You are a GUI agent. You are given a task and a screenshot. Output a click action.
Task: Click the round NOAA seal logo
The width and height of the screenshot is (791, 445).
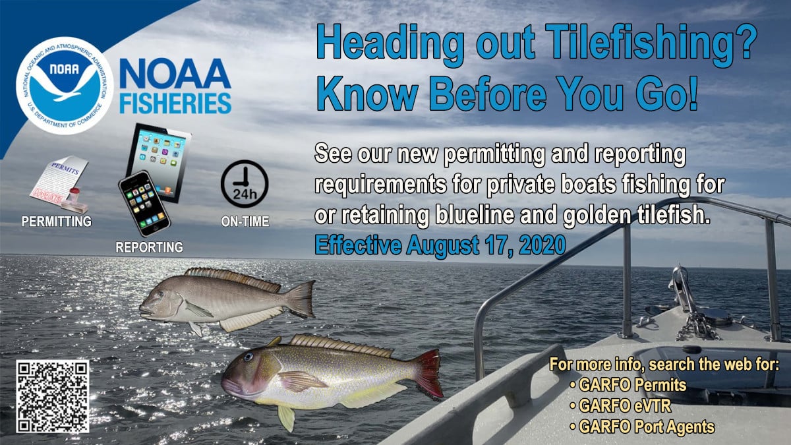click(x=65, y=86)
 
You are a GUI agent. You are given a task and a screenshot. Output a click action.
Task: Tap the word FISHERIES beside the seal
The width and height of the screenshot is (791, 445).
click(x=175, y=104)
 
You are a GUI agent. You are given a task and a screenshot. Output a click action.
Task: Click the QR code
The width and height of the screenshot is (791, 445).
click(x=53, y=396)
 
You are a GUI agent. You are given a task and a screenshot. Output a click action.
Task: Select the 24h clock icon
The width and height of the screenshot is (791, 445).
click(x=245, y=184)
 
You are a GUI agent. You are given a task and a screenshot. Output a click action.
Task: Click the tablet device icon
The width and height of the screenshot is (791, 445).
click(x=159, y=162)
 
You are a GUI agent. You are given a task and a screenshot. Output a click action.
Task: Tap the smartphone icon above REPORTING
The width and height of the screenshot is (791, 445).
click(x=144, y=204)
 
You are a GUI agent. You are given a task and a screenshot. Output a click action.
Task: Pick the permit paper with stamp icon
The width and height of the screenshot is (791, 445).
click(x=60, y=185)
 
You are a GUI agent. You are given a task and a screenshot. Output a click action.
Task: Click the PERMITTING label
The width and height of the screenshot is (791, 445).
click(x=57, y=222)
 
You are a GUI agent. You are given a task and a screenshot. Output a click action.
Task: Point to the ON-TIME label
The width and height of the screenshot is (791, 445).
click(x=245, y=222)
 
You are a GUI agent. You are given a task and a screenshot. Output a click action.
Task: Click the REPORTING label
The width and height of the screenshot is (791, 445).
click(x=150, y=247)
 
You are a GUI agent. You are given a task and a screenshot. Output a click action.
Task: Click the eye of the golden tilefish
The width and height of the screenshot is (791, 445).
click(x=249, y=357)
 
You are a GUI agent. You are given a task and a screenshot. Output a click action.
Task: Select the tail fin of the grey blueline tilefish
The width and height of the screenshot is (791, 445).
click(x=300, y=299)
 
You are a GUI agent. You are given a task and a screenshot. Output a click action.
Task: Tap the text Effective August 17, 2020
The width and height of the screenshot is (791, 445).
click(x=440, y=245)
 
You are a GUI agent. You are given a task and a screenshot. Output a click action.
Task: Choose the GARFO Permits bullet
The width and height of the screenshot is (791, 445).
click(x=628, y=385)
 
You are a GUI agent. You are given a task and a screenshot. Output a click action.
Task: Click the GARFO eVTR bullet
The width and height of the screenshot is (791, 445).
click(x=620, y=406)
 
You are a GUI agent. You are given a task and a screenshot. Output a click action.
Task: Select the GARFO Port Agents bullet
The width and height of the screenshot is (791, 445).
click(x=642, y=427)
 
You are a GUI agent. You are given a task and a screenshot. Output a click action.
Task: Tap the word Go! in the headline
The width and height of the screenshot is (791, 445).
click(x=666, y=94)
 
